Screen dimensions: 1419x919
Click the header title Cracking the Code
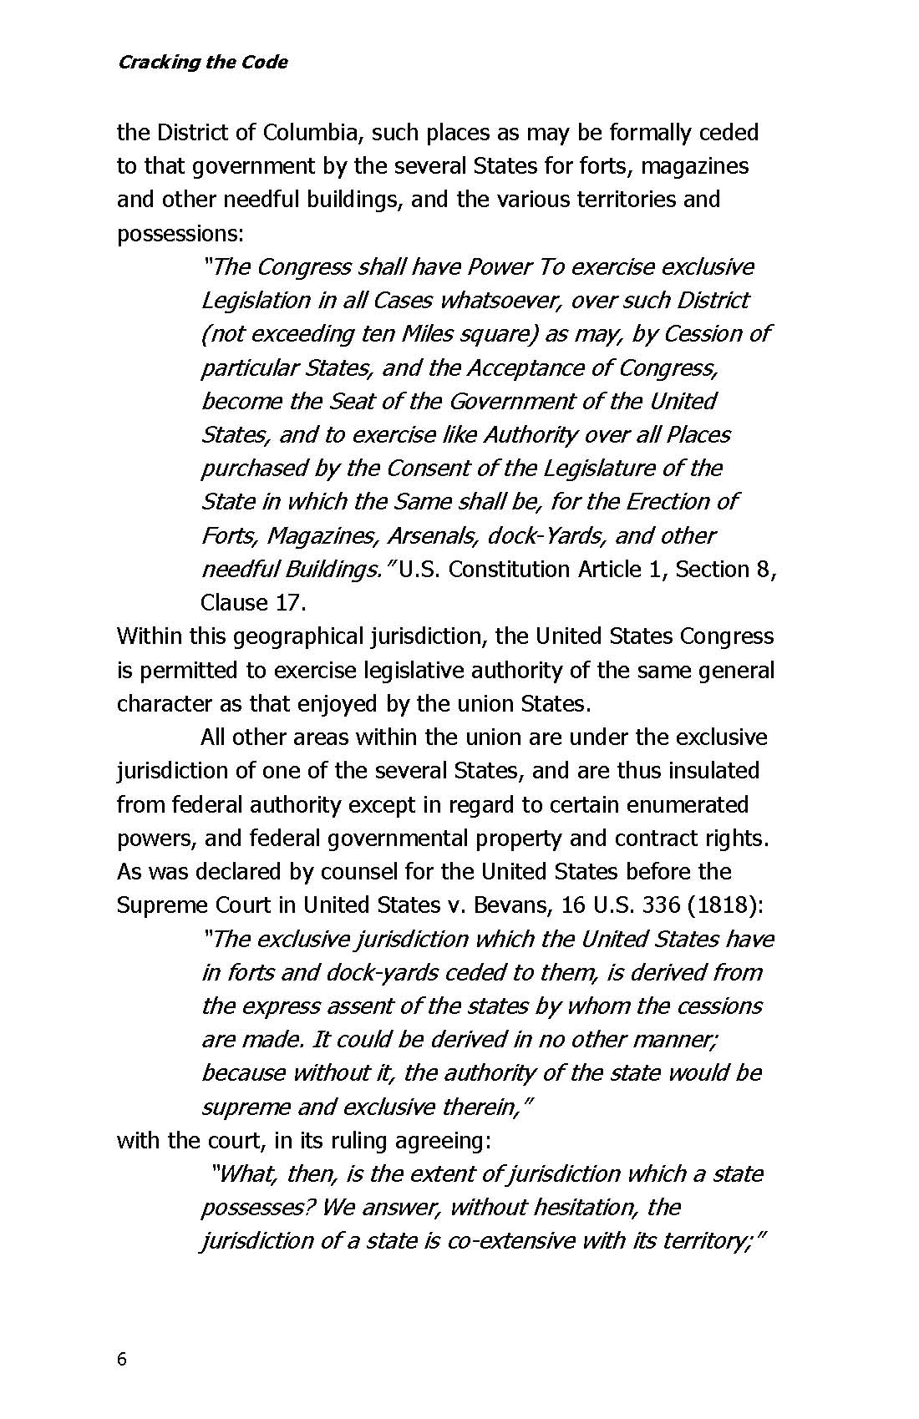202,63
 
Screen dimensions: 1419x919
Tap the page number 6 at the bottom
122,1360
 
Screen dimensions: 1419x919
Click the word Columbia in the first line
311,133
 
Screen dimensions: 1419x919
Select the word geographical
296,636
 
